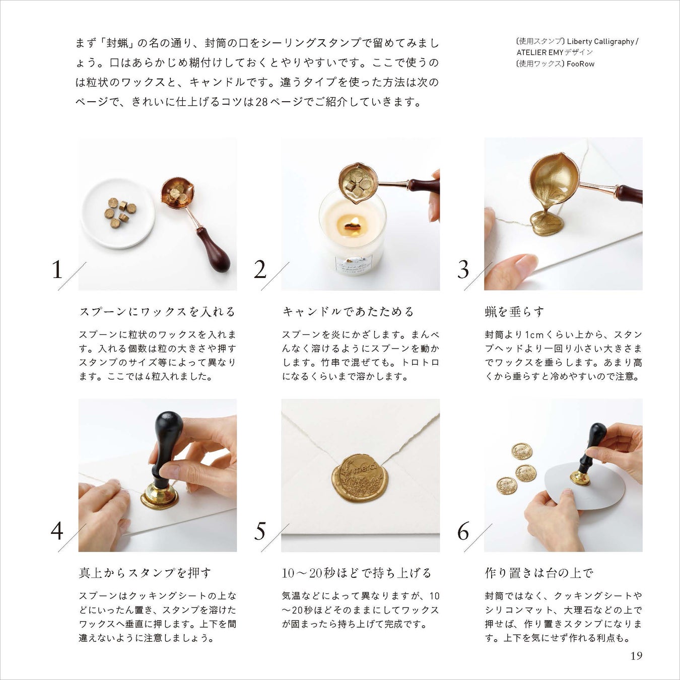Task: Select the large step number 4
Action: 57,531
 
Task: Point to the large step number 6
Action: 463,531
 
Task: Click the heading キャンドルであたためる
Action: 348,312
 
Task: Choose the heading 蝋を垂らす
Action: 514,312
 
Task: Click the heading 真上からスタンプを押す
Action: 145,573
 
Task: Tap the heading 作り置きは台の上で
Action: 539,573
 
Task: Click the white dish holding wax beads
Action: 117,214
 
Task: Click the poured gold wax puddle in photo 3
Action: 548,223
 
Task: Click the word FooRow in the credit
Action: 580,64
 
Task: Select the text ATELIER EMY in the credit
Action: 540,52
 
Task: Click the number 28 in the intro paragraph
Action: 262,102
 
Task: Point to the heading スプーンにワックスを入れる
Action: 157,312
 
